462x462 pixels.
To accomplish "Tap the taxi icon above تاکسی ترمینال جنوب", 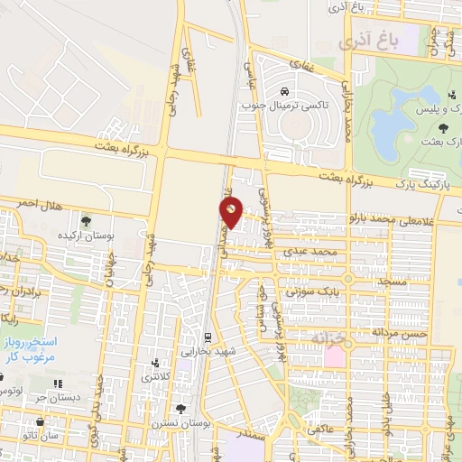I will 284,92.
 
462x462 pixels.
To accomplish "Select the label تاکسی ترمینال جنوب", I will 284,106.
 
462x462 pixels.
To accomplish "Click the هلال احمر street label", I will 37,205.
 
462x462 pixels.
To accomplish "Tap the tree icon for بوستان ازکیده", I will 86,220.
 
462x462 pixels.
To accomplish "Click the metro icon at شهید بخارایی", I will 208,337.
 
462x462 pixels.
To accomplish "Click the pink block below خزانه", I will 333,356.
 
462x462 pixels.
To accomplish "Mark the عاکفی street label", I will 321,430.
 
